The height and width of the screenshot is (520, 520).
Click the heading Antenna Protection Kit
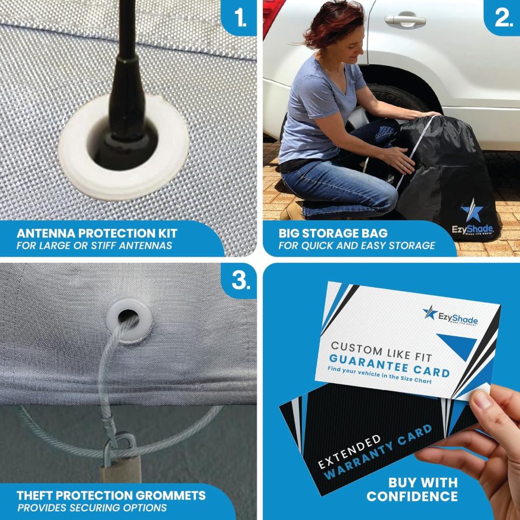pos(97,234)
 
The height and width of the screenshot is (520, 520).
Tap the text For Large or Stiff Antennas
pos(95,246)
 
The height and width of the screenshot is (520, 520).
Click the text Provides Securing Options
pos(92,508)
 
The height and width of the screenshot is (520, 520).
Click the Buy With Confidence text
pos(412,489)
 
